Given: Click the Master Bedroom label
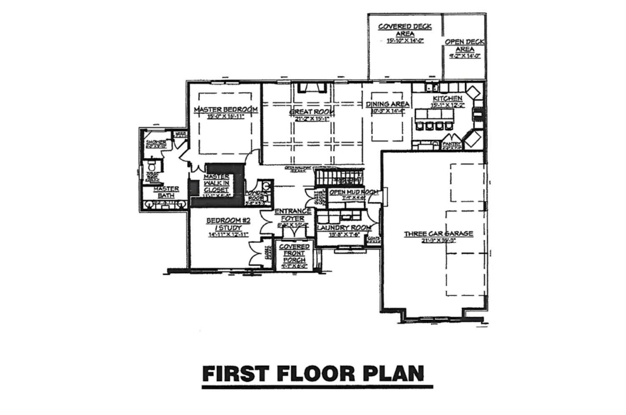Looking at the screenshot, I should click(x=225, y=109).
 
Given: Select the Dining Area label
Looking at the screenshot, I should click(x=387, y=104).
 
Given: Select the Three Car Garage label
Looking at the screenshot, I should click(x=438, y=234).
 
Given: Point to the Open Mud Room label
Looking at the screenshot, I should click(x=353, y=192).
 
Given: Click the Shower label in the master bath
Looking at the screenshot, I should click(x=156, y=142).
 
